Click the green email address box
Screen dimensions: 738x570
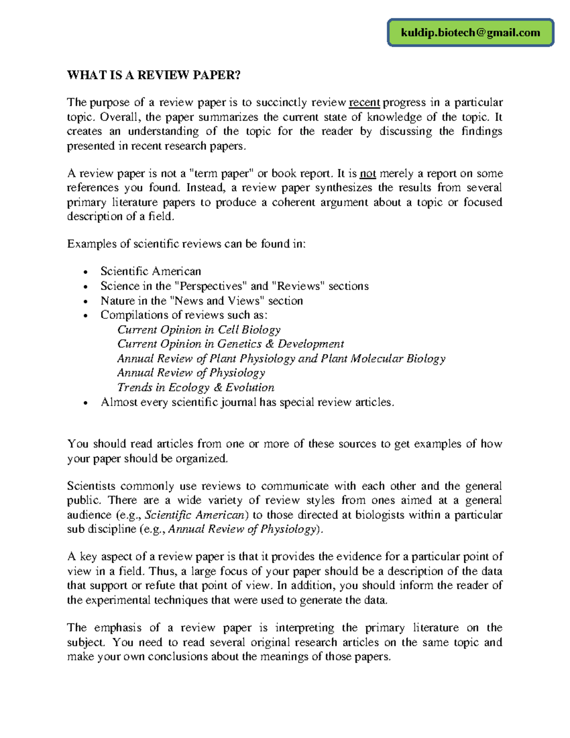point(470,33)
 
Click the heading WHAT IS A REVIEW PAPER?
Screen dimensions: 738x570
point(153,75)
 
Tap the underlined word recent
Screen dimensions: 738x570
point(364,103)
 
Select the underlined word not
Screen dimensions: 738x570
point(368,173)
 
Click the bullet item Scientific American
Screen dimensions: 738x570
point(151,271)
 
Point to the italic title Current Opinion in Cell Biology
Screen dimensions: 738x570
point(199,330)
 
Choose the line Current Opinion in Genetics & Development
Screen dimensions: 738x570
point(230,344)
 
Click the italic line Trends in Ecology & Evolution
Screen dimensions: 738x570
point(196,388)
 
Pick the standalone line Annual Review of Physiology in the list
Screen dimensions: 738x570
point(191,373)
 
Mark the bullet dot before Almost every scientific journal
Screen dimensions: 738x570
point(85,403)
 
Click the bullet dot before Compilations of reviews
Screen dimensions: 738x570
point(85,316)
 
